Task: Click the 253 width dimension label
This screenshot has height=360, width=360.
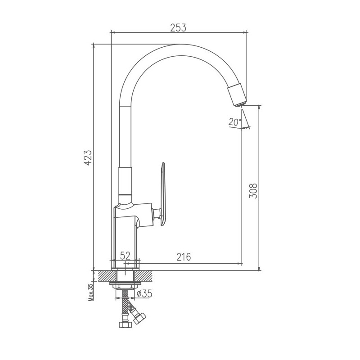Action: pos(178,27)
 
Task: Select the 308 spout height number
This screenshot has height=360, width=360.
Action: pos(253,192)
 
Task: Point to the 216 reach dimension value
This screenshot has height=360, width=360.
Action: pos(183,257)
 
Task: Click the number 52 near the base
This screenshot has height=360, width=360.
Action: pos(125,256)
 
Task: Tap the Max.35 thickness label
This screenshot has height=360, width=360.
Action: pos(90,292)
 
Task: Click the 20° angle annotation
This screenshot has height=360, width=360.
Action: pos(234,121)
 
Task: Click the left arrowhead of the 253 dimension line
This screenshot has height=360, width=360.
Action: pos(113,32)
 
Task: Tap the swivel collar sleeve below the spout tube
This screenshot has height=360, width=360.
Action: pos(126,180)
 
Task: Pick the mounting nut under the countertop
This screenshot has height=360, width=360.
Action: pos(125,286)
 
